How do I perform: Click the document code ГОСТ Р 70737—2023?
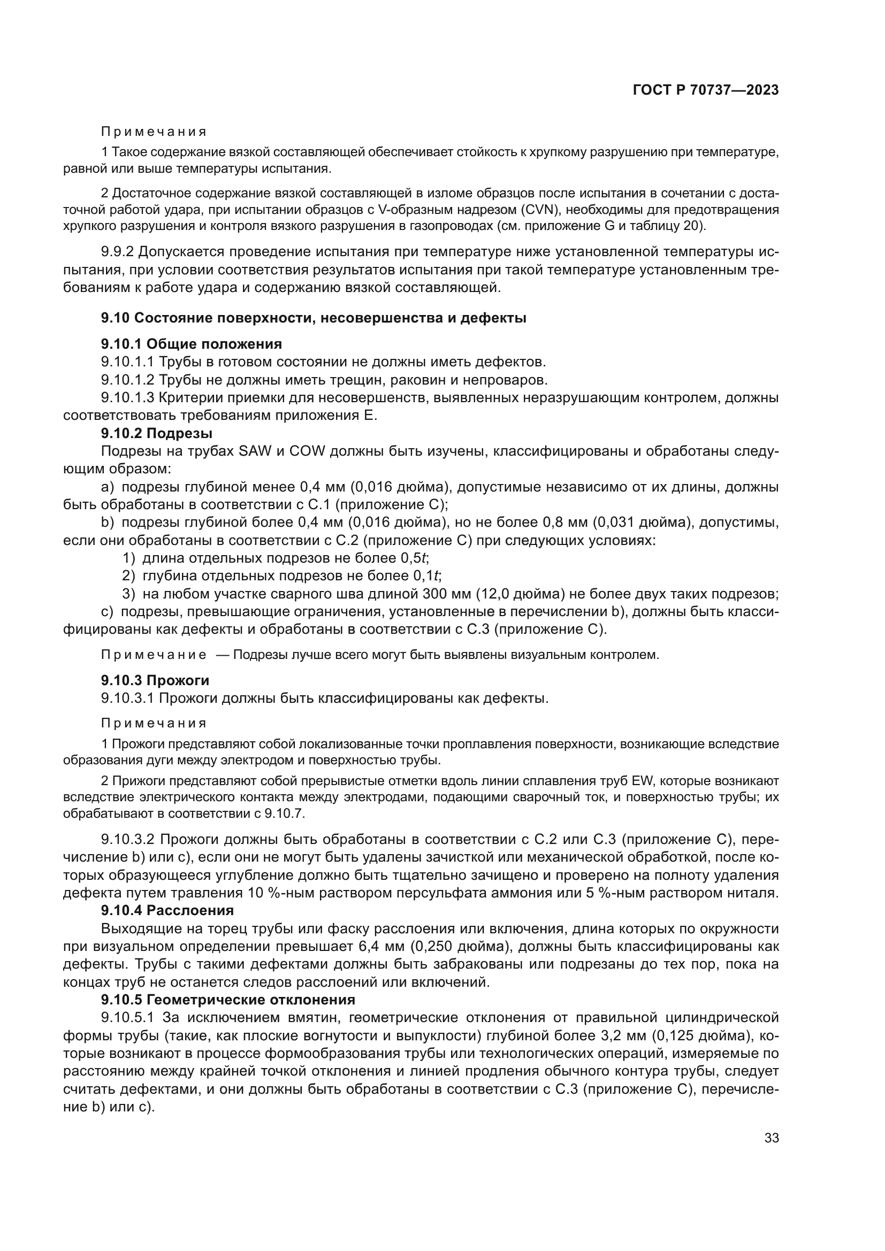point(706,90)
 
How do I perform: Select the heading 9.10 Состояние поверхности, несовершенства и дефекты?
point(314,318)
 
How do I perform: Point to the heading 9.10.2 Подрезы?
point(156,433)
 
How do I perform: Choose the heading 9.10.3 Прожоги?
point(155,680)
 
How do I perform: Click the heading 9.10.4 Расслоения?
point(167,910)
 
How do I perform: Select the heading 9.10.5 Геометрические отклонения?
point(228,1000)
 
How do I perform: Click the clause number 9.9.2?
point(117,252)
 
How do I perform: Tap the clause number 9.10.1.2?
point(128,380)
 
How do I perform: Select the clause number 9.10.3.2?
point(128,839)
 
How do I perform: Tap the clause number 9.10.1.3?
point(128,398)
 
